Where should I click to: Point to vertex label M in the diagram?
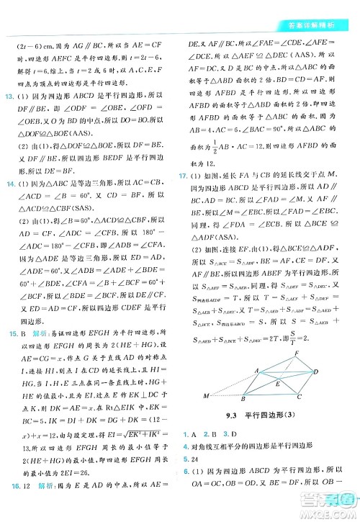point(206,395)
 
